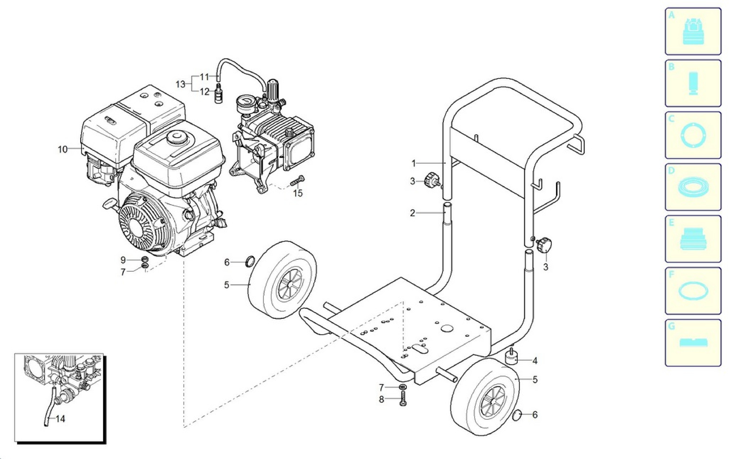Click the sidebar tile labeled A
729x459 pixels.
pyautogui.click(x=693, y=31)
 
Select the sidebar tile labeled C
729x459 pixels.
pyautogui.click(x=693, y=135)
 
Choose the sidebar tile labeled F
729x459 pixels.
pyautogui.click(x=693, y=291)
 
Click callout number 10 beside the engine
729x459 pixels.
pyautogui.click(x=63, y=149)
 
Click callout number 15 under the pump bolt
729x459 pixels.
pyautogui.click(x=298, y=193)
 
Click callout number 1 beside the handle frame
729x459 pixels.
pyautogui.click(x=414, y=163)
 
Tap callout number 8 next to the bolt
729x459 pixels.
pyautogui.click(x=381, y=400)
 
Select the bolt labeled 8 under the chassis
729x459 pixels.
pyautogui.click(x=403, y=398)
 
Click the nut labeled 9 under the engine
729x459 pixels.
pyautogui.click(x=145, y=260)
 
